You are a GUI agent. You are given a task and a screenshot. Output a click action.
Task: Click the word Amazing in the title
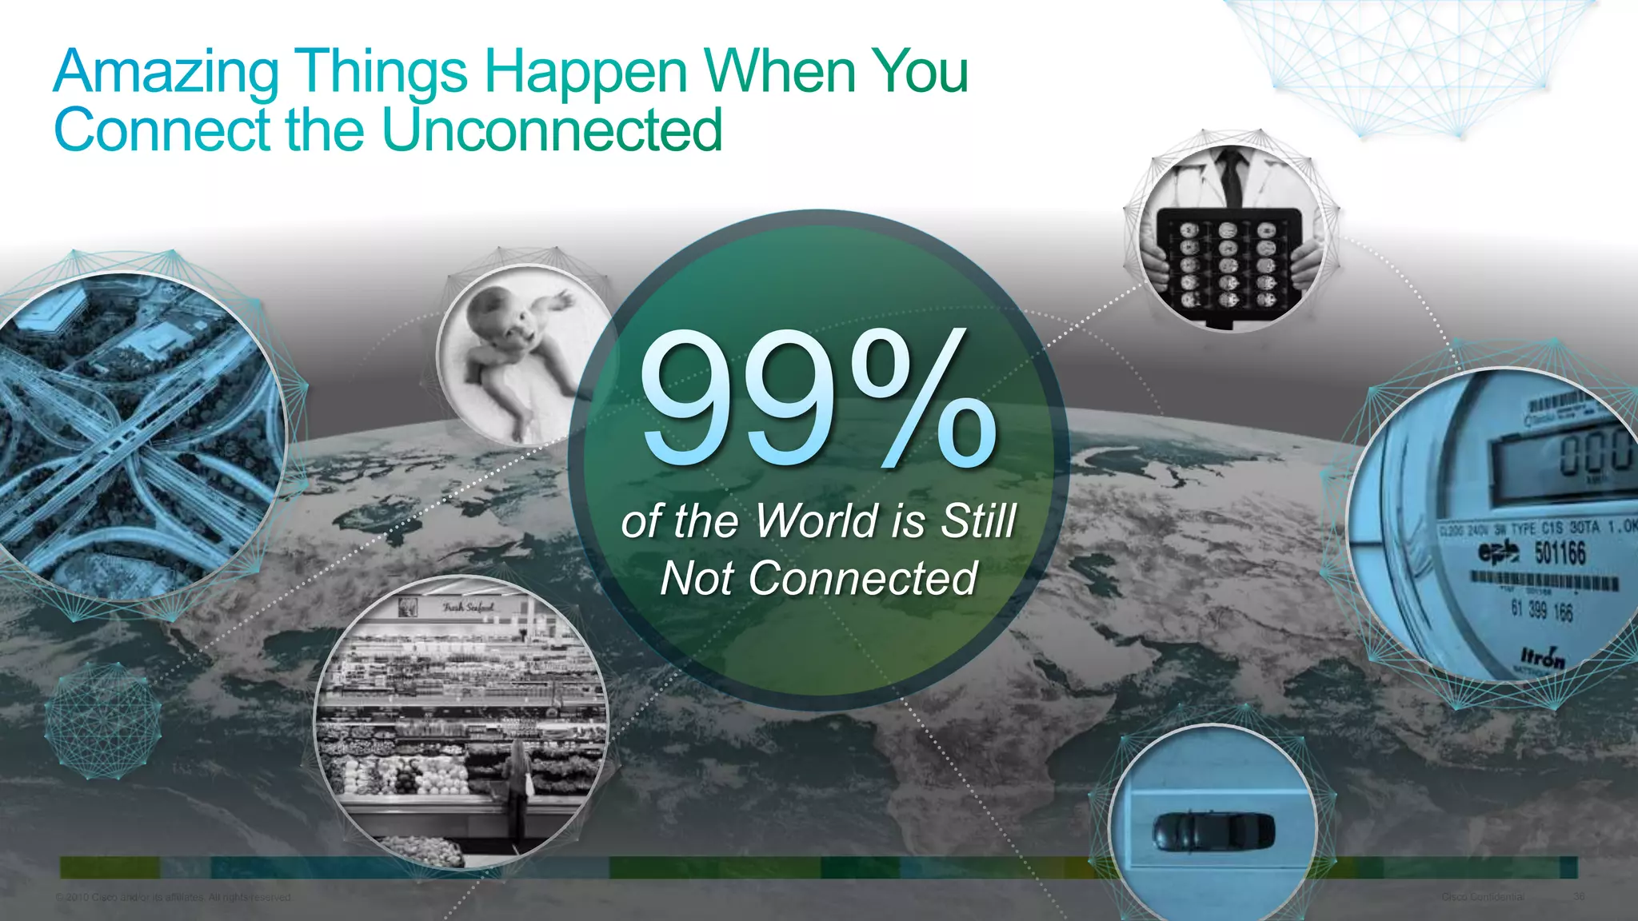[166, 72]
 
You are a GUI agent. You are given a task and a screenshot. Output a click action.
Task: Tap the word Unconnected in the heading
[552, 130]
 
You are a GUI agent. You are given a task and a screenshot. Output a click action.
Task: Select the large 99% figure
[817, 399]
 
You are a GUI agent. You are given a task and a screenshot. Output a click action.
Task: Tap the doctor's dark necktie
[1232, 176]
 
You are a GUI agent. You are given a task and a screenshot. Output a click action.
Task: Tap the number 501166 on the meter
[1560, 553]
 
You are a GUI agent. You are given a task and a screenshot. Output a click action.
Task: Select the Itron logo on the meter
[1543, 659]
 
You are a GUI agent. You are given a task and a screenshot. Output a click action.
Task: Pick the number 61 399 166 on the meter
[1541, 610]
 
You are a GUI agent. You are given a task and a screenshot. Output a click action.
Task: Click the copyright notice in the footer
[174, 897]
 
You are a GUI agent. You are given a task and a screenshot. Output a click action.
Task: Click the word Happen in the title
[585, 72]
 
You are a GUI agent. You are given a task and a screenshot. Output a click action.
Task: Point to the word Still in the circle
[977, 520]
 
